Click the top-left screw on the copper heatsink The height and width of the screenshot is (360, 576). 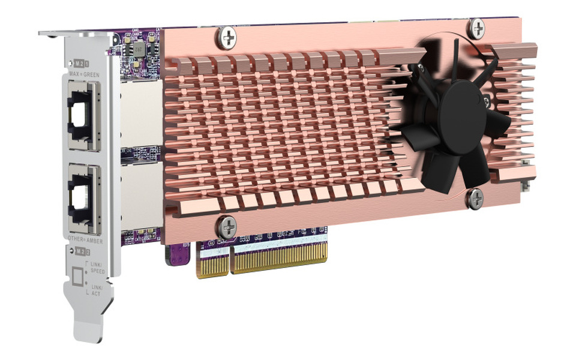point(227,38)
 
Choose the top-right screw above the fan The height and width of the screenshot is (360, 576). point(476,27)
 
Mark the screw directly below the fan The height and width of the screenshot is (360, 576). point(475,197)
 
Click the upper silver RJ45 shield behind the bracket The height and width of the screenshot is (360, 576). point(142,114)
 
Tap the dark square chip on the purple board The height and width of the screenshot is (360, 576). point(139,49)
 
